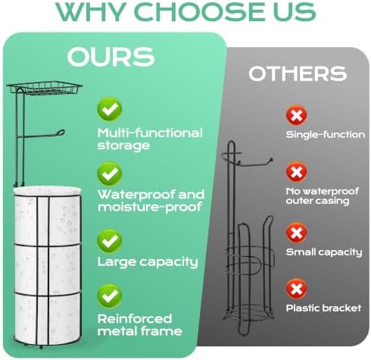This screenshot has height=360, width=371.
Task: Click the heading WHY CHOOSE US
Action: pos(185,11)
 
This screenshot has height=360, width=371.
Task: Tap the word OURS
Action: pos(111,57)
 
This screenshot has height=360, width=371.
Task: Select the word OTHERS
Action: pos(298,74)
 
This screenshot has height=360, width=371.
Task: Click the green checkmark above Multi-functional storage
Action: pos(110,109)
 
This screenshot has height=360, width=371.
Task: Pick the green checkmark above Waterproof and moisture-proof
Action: pos(110,174)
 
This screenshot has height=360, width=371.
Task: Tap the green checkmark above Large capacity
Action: pos(110,241)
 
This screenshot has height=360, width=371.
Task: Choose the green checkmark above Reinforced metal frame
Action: pos(110,296)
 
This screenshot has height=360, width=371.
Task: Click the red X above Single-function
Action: pos(296,115)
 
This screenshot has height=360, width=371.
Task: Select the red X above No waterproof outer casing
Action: pos(296,172)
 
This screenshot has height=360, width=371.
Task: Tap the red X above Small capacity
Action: pos(296,233)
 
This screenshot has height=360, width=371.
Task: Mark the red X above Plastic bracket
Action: pos(296,289)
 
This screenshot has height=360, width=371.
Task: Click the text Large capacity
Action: pos(148,262)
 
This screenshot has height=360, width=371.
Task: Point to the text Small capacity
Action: pos(324,252)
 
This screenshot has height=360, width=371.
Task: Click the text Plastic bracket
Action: pos(323,308)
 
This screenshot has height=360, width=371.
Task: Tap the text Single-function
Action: pos(326,134)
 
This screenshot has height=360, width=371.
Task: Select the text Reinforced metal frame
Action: pos(139,325)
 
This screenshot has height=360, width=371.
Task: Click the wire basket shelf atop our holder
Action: pos(45,88)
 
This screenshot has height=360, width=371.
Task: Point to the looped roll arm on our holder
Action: pos(40,135)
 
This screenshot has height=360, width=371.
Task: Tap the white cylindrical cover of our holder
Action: pos(48,265)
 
